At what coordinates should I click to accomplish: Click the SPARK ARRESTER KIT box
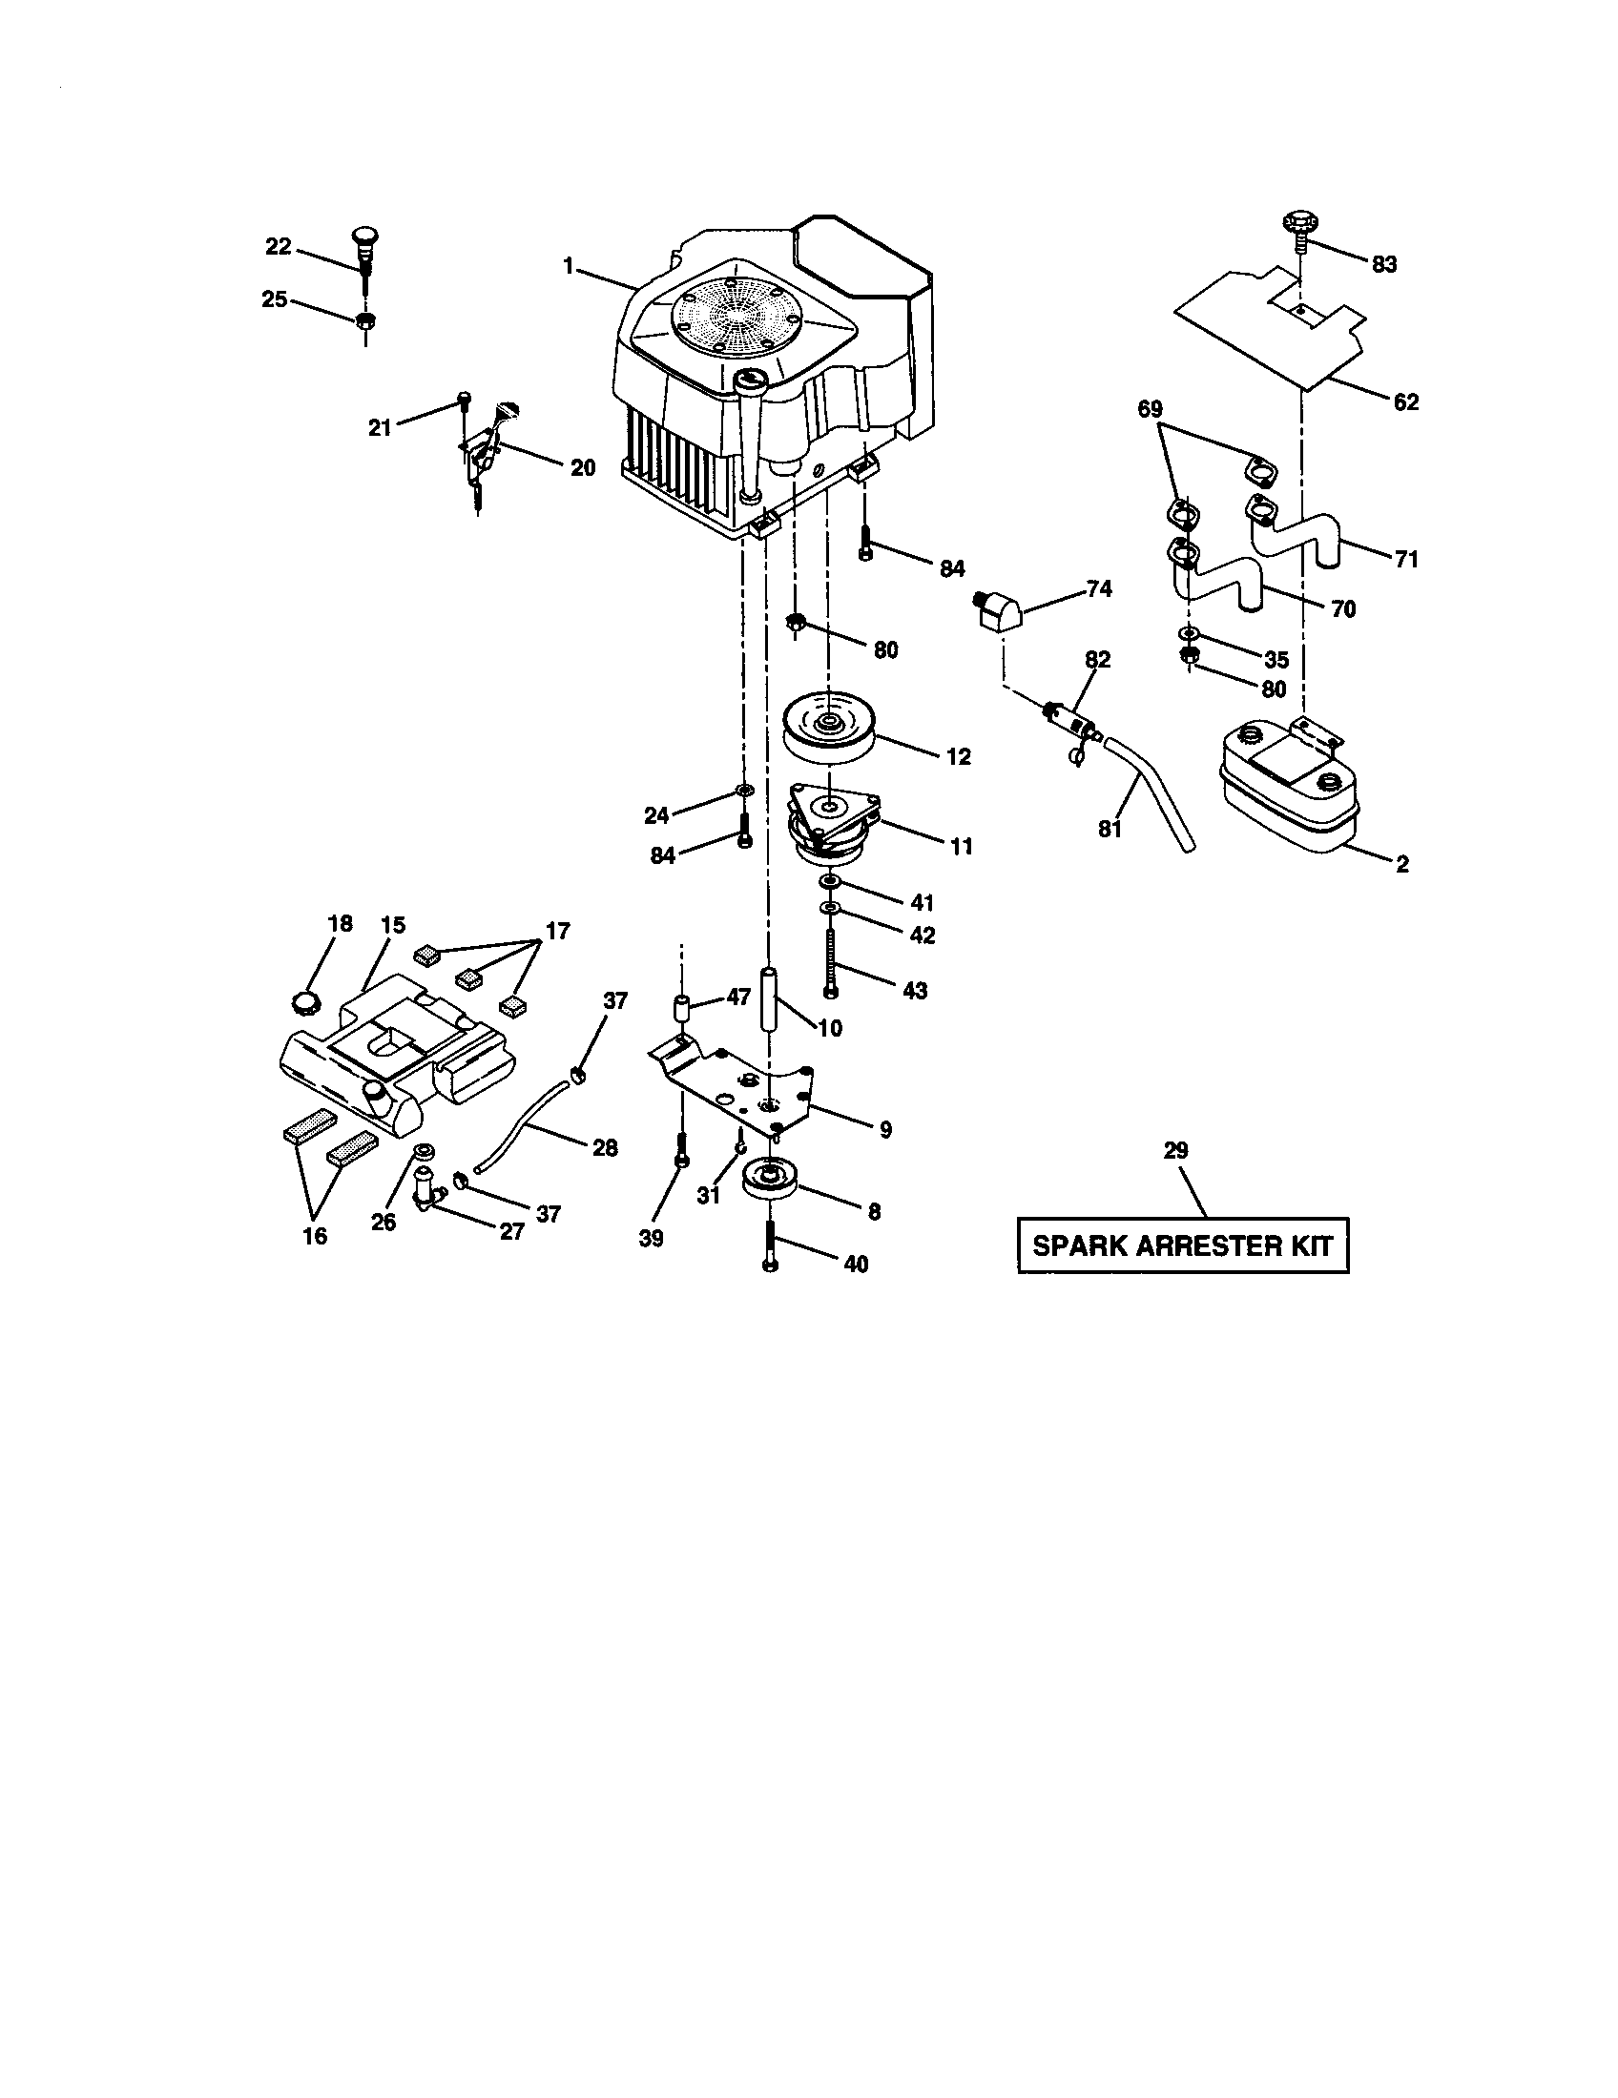coord(1183,1246)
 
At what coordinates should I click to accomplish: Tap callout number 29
coord(1176,1150)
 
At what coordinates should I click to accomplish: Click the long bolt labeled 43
coord(831,960)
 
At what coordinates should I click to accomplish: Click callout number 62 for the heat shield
coord(1405,401)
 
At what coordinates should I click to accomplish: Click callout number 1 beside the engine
coord(569,266)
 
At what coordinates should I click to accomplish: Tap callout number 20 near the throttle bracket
coord(582,468)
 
